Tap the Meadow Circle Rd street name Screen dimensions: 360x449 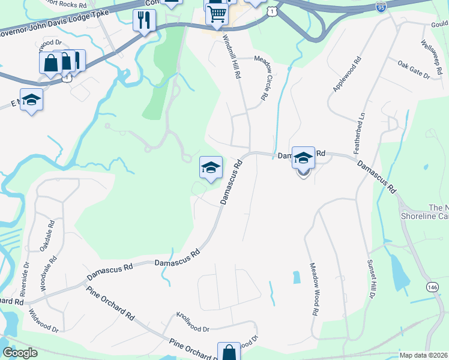[x=263, y=77]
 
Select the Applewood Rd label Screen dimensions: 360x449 [x=346, y=74]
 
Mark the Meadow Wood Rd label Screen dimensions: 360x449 [x=313, y=289]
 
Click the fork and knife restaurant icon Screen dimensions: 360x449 [x=144, y=20]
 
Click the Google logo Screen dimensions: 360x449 [x=19, y=353]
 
